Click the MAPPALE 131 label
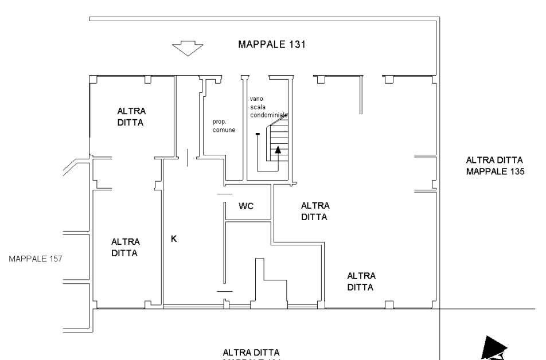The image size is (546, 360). pyautogui.click(x=271, y=45)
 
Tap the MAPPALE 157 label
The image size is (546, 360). pyautogui.click(x=36, y=259)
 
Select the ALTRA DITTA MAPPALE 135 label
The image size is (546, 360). pyautogui.click(x=495, y=166)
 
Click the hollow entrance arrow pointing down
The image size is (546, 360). pyautogui.click(x=188, y=48)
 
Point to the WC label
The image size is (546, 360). pyautogui.click(x=246, y=206)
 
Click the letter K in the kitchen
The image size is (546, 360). pyautogui.click(x=174, y=238)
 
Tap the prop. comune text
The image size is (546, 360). pyautogui.click(x=224, y=126)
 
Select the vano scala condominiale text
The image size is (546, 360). pyautogui.click(x=268, y=107)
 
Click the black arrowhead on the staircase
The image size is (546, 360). pyautogui.click(x=278, y=150)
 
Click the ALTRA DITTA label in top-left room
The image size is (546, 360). pyautogui.click(x=131, y=116)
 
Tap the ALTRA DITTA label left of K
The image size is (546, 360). pyautogui.click(x=126, y=247)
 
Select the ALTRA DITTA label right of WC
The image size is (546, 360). pyautogui.click(x=315, y=211)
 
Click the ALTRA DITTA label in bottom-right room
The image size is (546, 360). pyautogui.click(x=361, y=281)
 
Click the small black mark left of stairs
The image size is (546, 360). pyautogui.click(x=258, y=134)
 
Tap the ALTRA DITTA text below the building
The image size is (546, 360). pyautogui.click(x=252, y=351)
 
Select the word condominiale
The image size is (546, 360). pyautogui.click(x=269, y=115)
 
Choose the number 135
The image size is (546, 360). pyautogui.click(x=513, y=171)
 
